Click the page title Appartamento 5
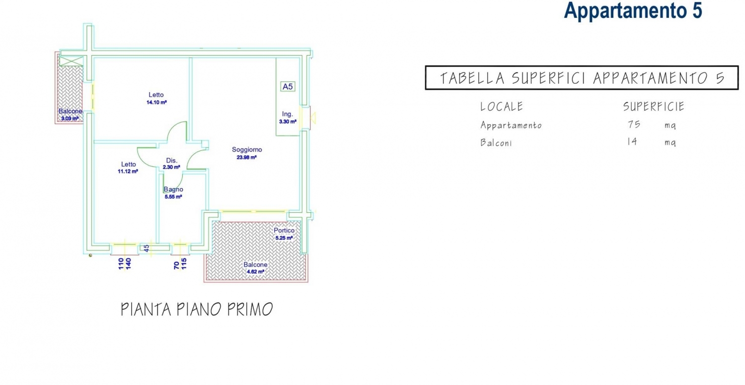click(x=633, y=10)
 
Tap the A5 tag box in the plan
click(x=288, y=87)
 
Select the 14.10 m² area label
click(x=156, y=102)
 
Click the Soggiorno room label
click(x=247, y=149)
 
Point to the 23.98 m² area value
click(x=246, y=157)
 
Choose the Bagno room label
click(x=173, y=190)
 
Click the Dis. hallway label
click(x=172, y=160)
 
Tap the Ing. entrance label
click(x=288, y=114)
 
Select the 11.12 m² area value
click(x=128, y=171)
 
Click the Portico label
click(x=284, y=230)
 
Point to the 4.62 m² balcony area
click(x=255, y=272)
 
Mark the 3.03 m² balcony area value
click(x=70, y=119)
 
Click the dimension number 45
click(x=147, y=248)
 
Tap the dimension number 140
click(x=128, y=264)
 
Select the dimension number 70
click(x=176, y=265)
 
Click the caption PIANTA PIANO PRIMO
click(x=197, y=309)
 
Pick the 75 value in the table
click(x=634, y=124)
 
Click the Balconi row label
click(x=496, y=142)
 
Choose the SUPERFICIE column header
click(x=654, y=106)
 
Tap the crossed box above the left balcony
click(x=71, y=61)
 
